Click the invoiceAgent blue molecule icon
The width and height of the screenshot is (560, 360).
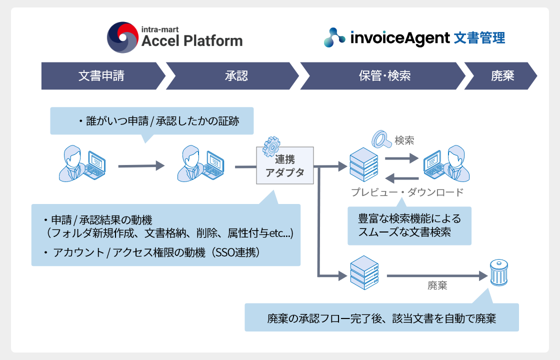[334, 37]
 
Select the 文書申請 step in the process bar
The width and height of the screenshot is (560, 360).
[101, 76]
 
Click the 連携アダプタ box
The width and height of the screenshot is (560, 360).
[284, 165]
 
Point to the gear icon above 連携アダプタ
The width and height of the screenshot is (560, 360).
[271, 144]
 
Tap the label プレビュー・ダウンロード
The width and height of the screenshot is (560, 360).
[407, 192]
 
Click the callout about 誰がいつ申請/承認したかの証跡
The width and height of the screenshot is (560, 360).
[152, 121]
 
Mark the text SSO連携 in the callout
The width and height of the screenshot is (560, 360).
[236, 252]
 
